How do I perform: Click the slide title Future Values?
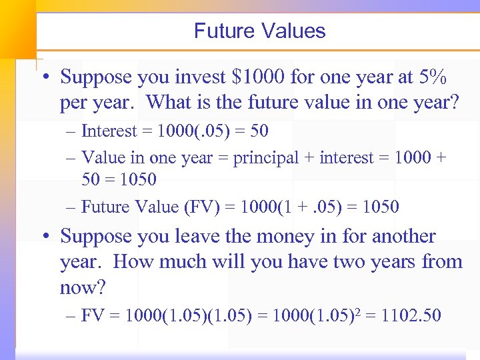(259, 31)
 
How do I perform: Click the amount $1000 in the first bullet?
(259, 77)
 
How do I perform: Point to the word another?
(403, 237)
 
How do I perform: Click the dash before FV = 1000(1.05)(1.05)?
(72, 315)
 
